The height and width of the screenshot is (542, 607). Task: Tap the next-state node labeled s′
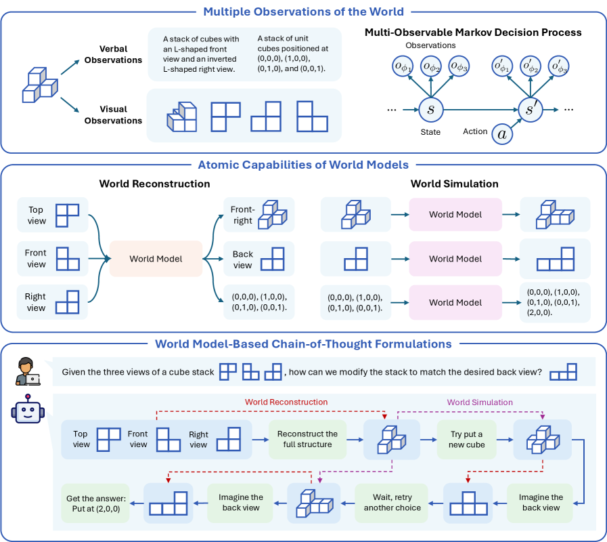coord(530,109)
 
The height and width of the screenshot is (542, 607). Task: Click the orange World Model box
coord(156,259)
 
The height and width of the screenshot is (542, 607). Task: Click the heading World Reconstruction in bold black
coord(154,184)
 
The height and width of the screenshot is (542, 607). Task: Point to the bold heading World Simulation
coord(454,184)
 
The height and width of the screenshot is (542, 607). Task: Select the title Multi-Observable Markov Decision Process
coord(473,32)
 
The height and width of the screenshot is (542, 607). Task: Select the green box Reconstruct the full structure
coord(307,439)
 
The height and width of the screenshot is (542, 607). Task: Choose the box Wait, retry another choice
coord(392,502)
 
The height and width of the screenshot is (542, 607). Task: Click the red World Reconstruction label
coord(286,402)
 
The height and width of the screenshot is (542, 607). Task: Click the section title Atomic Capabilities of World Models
coord(304,165)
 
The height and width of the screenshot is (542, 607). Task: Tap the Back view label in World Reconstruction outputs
coord(242,259)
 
